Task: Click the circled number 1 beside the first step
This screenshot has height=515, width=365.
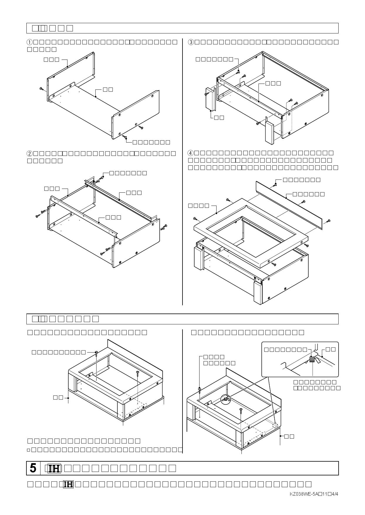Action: [30, 42]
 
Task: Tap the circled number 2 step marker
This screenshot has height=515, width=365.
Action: [30, 153]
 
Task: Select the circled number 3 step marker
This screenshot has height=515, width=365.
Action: [191, 42]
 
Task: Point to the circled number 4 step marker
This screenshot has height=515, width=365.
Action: [191, 153]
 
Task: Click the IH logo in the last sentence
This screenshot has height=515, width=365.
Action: [68, 484]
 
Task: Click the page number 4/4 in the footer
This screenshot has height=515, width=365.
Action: [335, 494]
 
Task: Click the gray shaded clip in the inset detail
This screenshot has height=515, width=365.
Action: [312, 360]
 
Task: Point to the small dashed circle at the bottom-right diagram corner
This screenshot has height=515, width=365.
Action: [275, 426]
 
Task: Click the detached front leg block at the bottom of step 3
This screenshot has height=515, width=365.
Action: [270, 133]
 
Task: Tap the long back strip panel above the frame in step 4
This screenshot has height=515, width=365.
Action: [289, 205]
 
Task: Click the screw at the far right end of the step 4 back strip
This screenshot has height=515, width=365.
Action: [329, 221]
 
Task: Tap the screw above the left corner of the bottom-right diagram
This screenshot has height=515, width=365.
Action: [199, 389]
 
